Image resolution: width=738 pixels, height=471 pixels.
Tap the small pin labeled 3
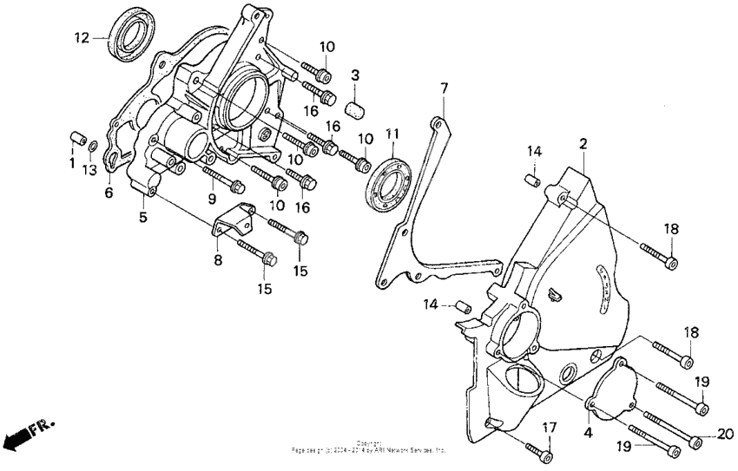tap(354, 108)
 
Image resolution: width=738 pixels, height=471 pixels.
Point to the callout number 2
tap(583, 143)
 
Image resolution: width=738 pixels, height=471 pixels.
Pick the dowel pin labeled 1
tap(75, 140)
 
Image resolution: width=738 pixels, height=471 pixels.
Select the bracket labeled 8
tap(234, 224)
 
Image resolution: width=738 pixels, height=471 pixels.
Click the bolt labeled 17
tap(540, 449)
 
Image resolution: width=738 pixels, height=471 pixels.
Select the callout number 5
tap(142, 218)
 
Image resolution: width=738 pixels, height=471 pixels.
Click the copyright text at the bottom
tap(369, 447)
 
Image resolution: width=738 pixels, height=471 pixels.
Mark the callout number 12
tap(81, 37)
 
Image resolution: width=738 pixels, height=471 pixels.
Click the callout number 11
tap(392, 134)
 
